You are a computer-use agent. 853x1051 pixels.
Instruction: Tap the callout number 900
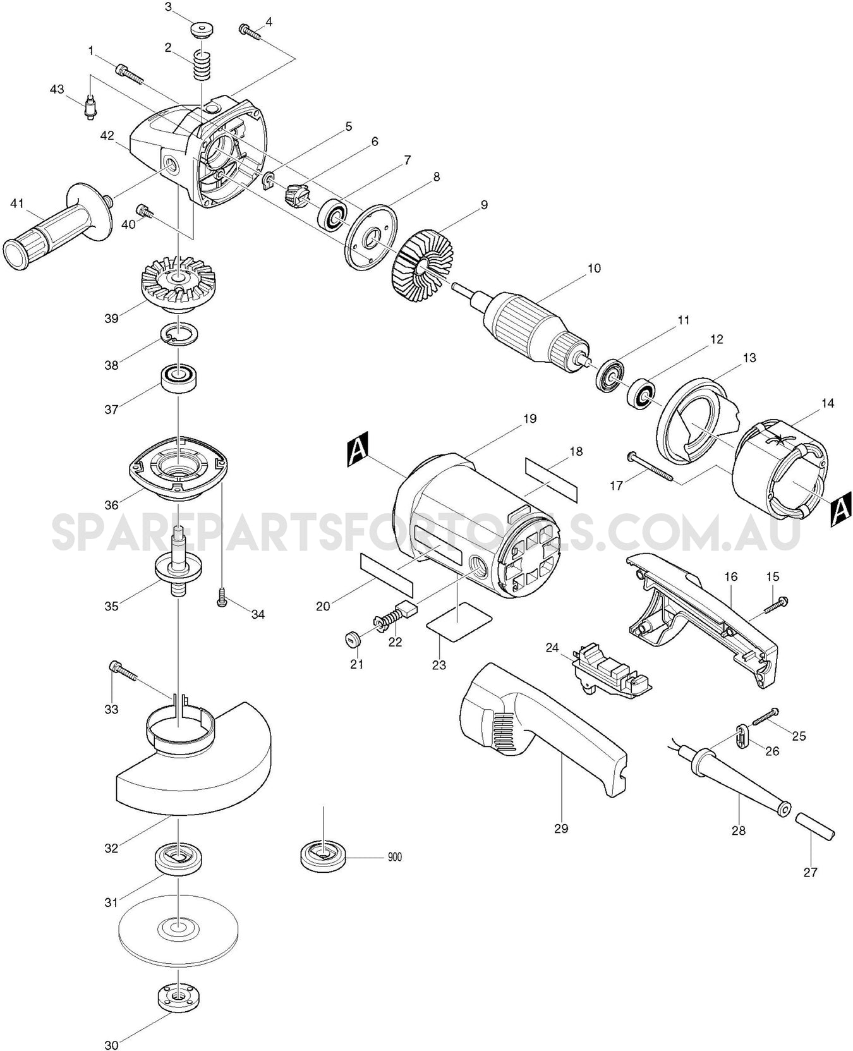point(394,857)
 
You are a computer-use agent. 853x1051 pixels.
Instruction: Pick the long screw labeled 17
point(651,468)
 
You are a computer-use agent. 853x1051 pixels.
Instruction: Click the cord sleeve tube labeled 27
point(814,825)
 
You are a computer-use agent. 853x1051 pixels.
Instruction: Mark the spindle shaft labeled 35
point(178,562)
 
